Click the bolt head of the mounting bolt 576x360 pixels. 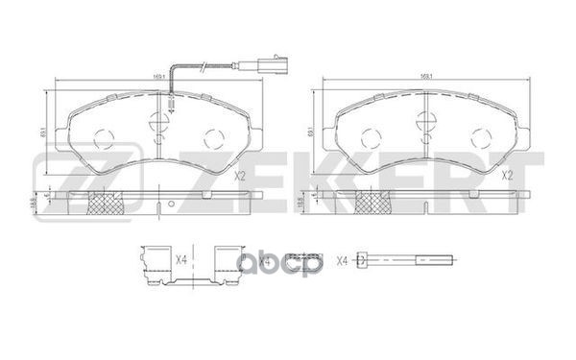[x=361, y=258]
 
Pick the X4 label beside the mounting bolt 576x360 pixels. [x=342, y=258]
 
